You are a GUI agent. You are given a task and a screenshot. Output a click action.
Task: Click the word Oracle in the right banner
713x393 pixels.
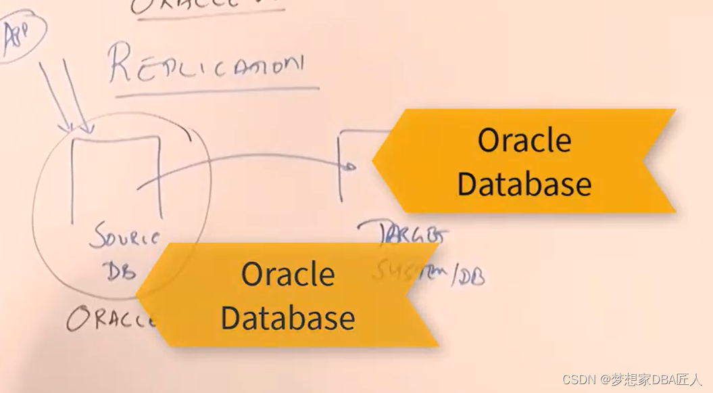click(x=524, y=141)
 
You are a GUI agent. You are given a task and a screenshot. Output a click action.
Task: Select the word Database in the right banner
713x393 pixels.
click(x=524, y=183)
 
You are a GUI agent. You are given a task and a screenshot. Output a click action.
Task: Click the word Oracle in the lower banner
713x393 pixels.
click(x=288, y=275)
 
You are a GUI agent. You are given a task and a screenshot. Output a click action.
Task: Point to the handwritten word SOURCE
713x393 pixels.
click(x=127, y=239)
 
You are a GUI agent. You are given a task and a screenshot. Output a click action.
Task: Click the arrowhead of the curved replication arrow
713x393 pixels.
click(x=351, y=166)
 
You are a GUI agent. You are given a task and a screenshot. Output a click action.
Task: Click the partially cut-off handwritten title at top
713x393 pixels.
click(x=206, y=7)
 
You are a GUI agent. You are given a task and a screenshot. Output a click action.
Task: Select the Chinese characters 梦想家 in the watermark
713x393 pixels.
click(x=626, y=379)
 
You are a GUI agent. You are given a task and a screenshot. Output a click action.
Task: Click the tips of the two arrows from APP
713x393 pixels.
click(x=76, y=130)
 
